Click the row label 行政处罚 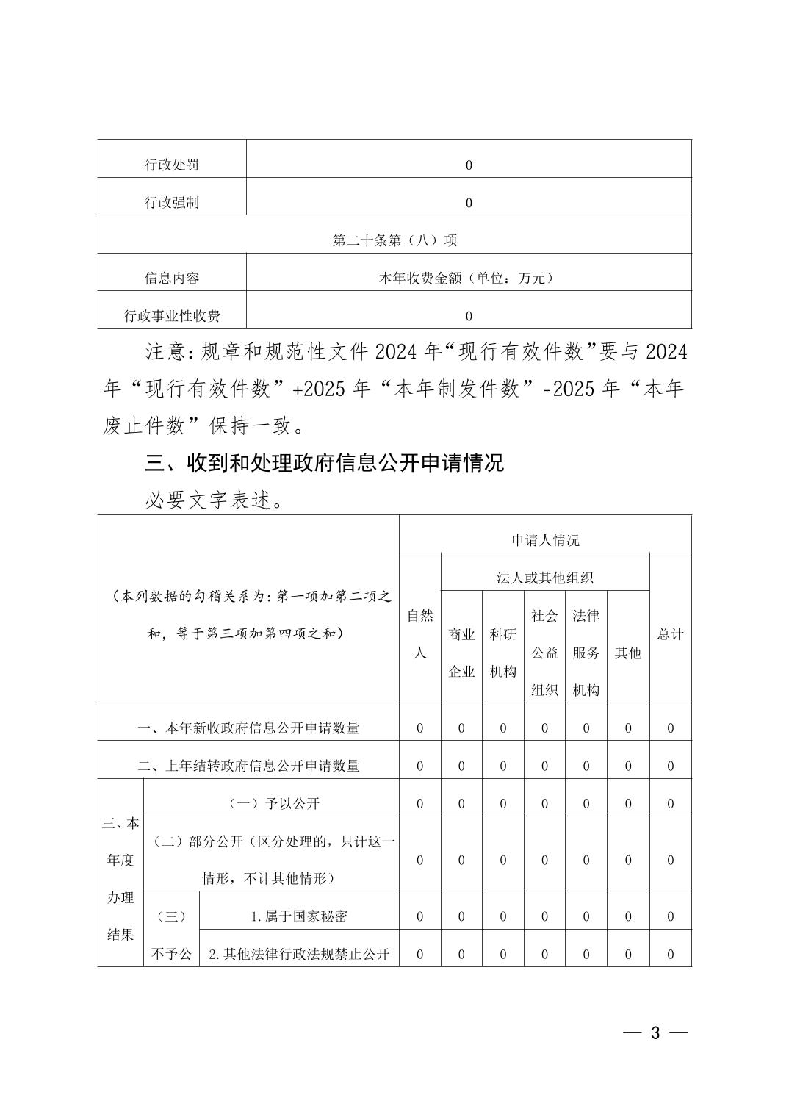[172, 165]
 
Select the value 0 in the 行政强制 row [469, 203]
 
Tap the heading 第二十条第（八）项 [394, 240]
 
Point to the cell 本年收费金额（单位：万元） [468, 278]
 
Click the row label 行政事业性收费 [172, 316]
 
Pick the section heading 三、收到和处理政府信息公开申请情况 [325, 463]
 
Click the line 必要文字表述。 [214, 500]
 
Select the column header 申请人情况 [545, 540]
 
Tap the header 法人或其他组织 [545, 578]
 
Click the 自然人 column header [420, 633]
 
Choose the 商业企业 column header [461, 653]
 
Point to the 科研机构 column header [503, 653]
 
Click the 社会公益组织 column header [544, 653]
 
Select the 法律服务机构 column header [586, 653]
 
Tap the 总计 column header [670, 633]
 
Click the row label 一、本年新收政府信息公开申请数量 [248, 728]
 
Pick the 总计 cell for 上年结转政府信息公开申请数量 [670, 766]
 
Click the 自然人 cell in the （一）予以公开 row [420, 803]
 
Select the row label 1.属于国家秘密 [299, 916]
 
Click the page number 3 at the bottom [655, 1033]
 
